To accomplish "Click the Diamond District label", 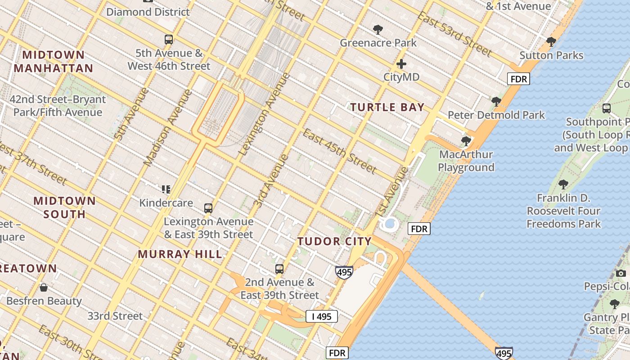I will click(x=148, y=12).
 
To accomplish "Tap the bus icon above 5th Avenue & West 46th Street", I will click(x=169, y=40).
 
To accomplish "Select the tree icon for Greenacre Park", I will click(x=378, y=30).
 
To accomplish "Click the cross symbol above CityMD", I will click(x=401, y=64).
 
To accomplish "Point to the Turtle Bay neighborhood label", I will click(x=387, y=107).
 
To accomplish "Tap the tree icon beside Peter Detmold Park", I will click(x=496, y=102).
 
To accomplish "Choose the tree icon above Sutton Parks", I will click(x=551, y=42).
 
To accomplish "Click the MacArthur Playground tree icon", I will click(x=466, y=141).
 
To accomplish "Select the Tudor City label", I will click(x=334, y=241).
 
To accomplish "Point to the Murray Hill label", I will click(x=180, y=254).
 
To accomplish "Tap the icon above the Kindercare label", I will click(x=166, y=189).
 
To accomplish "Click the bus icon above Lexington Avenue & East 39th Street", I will click(x=208, y=208).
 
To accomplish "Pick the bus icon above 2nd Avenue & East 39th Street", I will click(x=279, y=269).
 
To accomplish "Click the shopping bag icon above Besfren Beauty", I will click(x=44, y=288).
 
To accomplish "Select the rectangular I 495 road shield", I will click(x=322, y=316).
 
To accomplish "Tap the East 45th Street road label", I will click(x=339, y=151).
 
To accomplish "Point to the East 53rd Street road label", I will click(x=454, y=34).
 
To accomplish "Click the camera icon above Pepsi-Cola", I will click(x=621, y=273).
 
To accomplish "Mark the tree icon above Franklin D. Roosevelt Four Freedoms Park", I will click(x=563, y=184).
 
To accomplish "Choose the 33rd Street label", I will click(x=115, y=316).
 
